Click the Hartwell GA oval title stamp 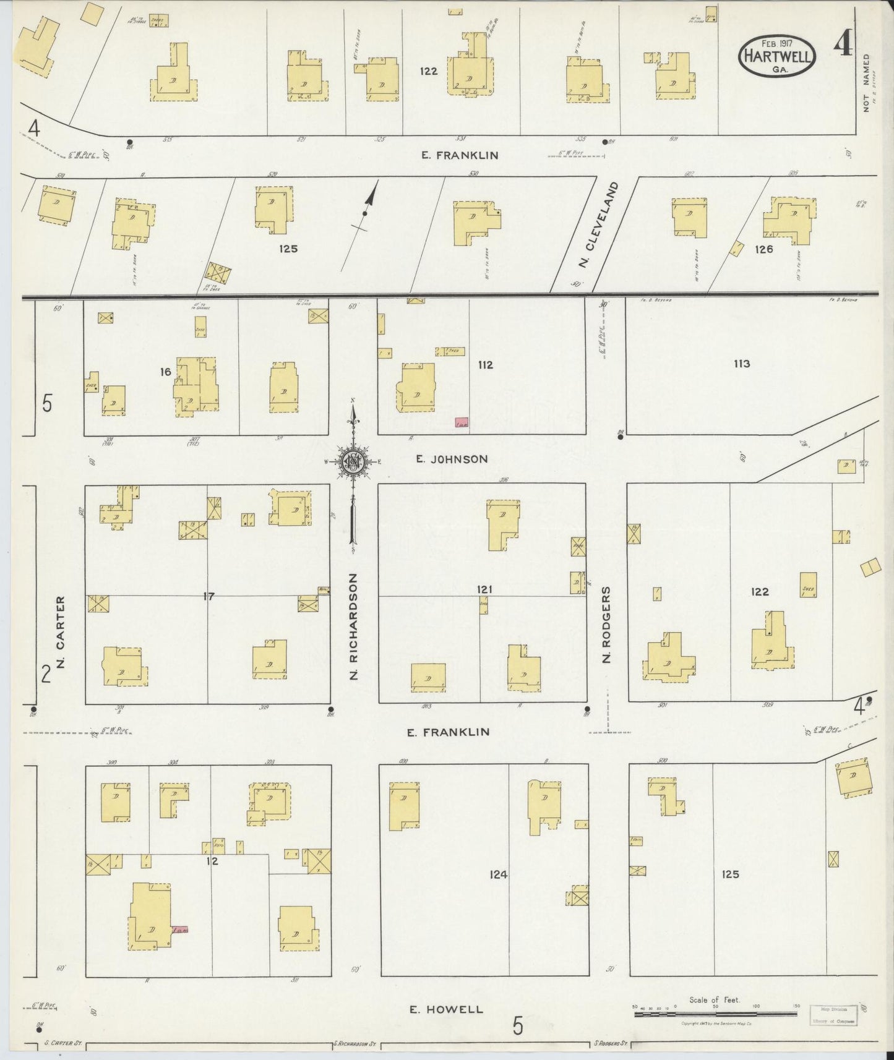(x=777, y=58)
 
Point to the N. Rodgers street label (x=606, y=625)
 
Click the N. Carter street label (x=61, y=631)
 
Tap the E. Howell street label (x=445, y=1009)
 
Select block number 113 (x=742, y=364)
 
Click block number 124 (x=498, y=874)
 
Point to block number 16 (x=165, y=372)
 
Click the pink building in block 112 (x=461, y=422)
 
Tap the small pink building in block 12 (x=180, y=929)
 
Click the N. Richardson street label (x=354, y=626)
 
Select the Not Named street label (x=866, y=82)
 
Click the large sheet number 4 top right (x=842, y=43)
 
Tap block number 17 (x=208, y=596)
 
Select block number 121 (x=484, y=589)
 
